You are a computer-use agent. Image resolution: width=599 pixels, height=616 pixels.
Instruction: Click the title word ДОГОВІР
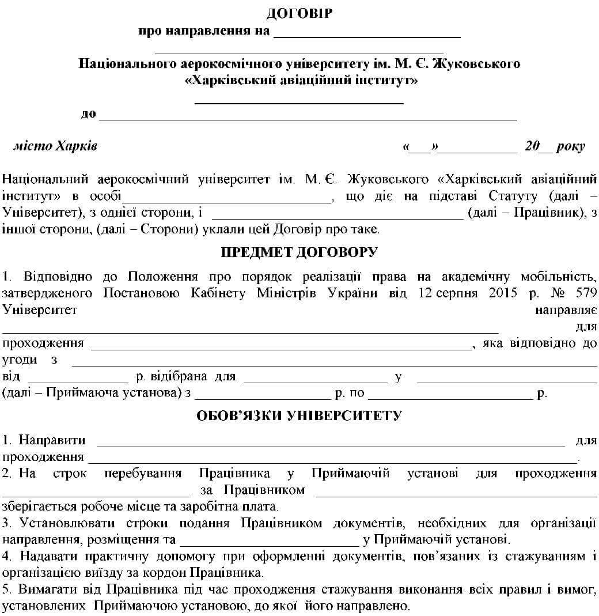(x=299, y=13)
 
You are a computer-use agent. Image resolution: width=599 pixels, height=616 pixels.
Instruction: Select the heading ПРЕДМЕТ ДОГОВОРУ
(x=299, y=252)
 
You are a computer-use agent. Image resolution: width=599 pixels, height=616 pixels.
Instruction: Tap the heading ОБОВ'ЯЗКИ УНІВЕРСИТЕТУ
(x=299, y=415)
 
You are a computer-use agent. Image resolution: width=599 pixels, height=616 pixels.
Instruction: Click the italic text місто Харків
(x=55, y=146)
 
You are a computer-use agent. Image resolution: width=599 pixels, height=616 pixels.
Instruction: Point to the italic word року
(x=571, y=146)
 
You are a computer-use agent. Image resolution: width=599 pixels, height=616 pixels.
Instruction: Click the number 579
(x=585, y=293)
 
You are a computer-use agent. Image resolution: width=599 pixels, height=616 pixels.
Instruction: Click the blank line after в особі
(x=228, y=199)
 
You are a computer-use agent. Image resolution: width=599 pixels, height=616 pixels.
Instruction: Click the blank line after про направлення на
(x=367, y=33)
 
